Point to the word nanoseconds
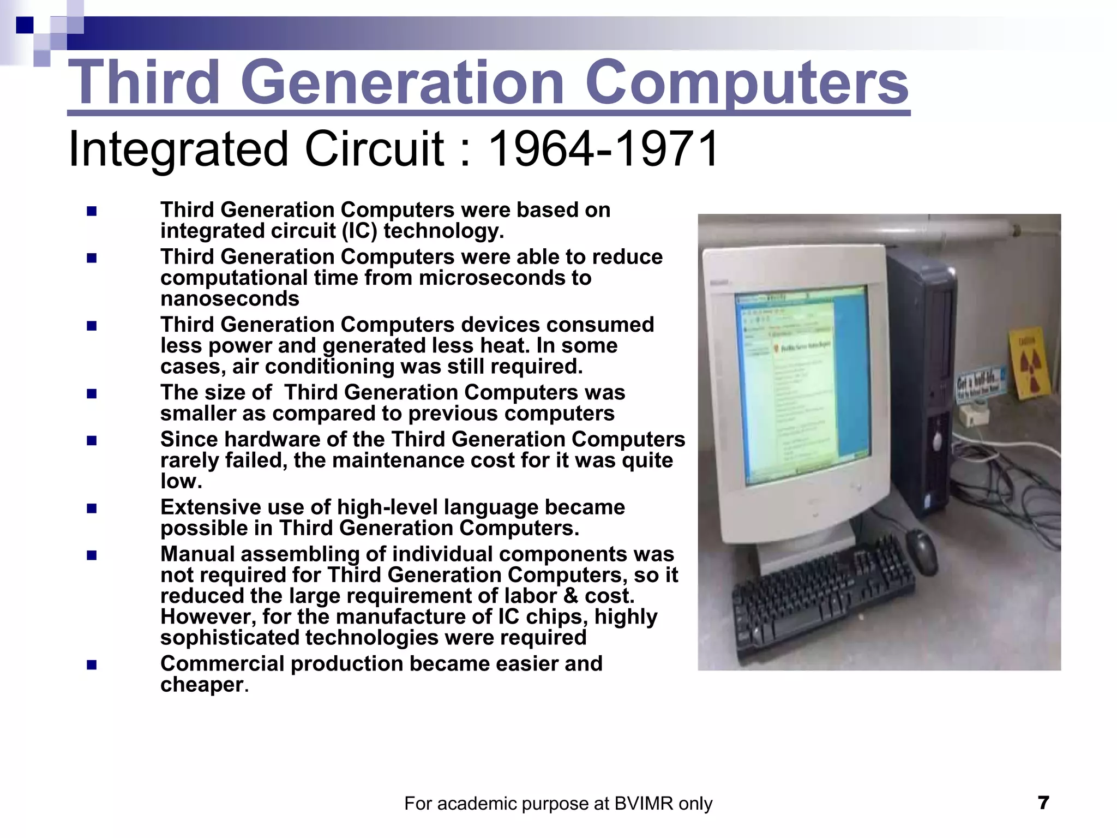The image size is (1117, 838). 230,299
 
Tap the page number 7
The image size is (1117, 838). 1043,803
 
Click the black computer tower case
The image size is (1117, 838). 922,382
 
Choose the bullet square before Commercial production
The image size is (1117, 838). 92,665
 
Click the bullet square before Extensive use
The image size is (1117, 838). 92,508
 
